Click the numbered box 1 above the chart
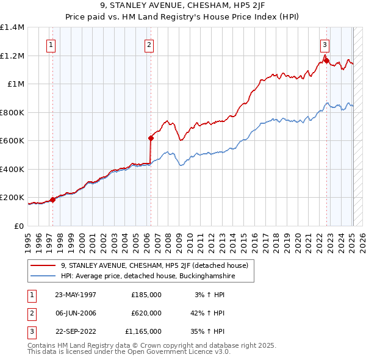[x=51, y=44]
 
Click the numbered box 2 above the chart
[x=149, y=44]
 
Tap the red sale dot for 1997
[x=53, y=200]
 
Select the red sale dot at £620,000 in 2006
[x=151, y=138]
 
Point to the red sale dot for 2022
[x=326, y=60]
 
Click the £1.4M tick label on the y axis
[x=12, y=27]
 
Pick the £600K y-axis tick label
[x=12, y=141]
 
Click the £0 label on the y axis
[x=18, y=226]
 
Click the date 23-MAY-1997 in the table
[x=76, y=295]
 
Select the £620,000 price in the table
[x=146, y=313]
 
